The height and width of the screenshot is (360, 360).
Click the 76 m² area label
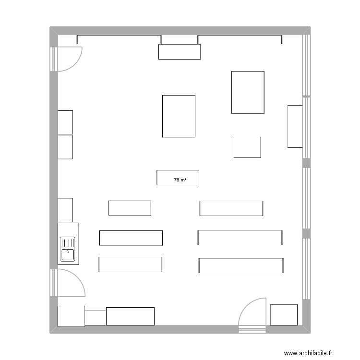(x=180, y=180)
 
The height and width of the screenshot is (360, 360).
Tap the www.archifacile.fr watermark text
(x=308, y=353)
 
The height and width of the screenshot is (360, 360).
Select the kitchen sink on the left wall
(x=68, y=249)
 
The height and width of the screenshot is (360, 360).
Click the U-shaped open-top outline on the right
(x=247, y=147)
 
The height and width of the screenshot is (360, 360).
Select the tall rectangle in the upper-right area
(x=248, y=92)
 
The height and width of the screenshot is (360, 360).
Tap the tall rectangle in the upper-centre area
(x=179, y=116)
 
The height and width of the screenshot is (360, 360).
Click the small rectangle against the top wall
(x=180, y=51)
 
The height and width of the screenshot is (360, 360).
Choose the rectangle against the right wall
(x=295, y=126)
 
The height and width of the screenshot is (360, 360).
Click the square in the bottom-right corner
(x=284, y=314)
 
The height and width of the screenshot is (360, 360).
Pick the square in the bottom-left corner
(x=71, y=316)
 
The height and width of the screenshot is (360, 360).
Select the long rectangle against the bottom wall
(x=130, y=316)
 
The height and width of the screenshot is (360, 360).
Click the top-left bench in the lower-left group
(x=130, y=208)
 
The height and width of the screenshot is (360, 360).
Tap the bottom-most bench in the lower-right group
(x=241, y=266)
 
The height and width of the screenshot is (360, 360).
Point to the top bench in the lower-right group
(x=231, y=208)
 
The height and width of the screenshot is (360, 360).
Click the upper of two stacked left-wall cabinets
(x=65, y=122)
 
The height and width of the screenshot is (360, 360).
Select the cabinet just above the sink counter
(x=65, y=210)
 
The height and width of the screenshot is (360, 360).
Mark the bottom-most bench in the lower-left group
(x=131, y=264)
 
